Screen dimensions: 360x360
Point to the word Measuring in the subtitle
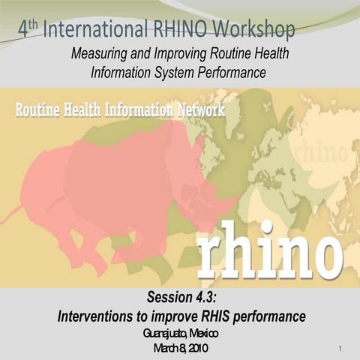tap(100, 55)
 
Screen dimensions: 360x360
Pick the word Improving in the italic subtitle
tap(178, 55)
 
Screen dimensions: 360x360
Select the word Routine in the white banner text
tap(43, 109)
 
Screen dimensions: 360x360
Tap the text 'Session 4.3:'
tap(180, 298)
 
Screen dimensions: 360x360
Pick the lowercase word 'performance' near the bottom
tap(270, 316)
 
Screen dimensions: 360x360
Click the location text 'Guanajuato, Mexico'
tap(180, 333)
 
